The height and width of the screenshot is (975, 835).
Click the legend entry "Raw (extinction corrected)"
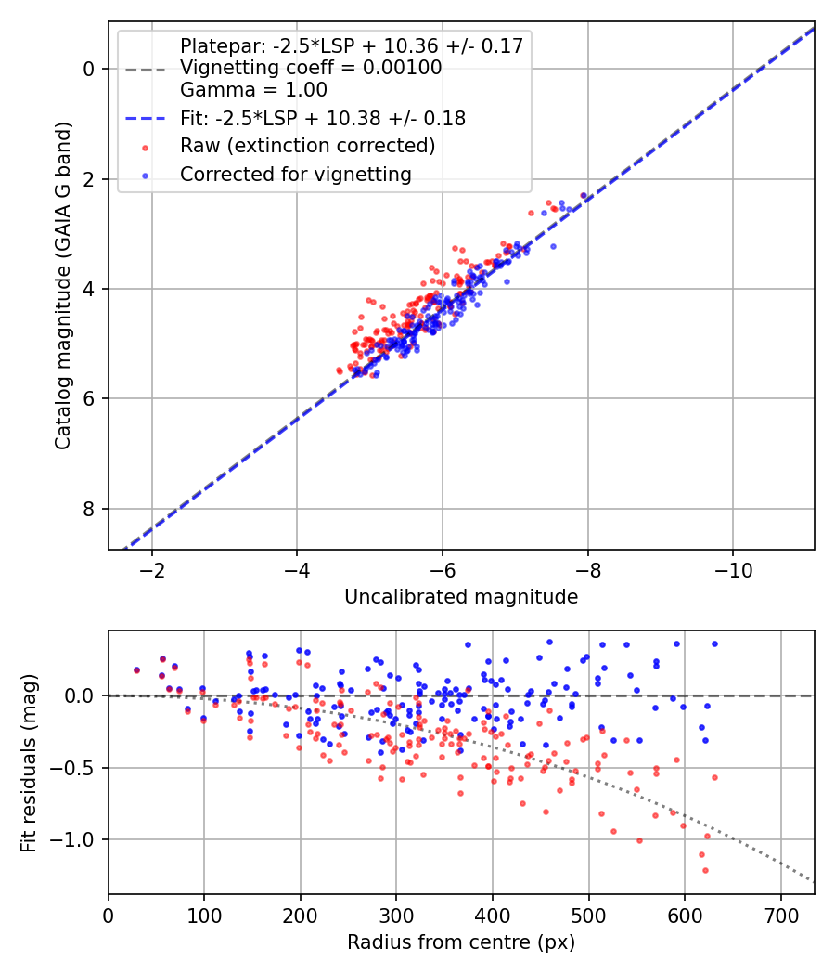coord(307,146)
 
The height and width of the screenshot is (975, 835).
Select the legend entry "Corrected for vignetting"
coord(296,174)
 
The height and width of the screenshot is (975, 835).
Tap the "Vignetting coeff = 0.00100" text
coord(311,68)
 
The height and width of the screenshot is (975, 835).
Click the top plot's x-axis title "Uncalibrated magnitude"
coord(461,597)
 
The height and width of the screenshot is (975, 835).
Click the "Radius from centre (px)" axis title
coord(461,942)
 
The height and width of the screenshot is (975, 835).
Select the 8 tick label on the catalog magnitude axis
coord(87,509)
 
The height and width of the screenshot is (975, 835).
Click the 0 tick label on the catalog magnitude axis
coord(87,69)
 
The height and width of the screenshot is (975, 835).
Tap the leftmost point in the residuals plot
coord(136,669)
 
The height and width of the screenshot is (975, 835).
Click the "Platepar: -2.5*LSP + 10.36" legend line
coord(352,45)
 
